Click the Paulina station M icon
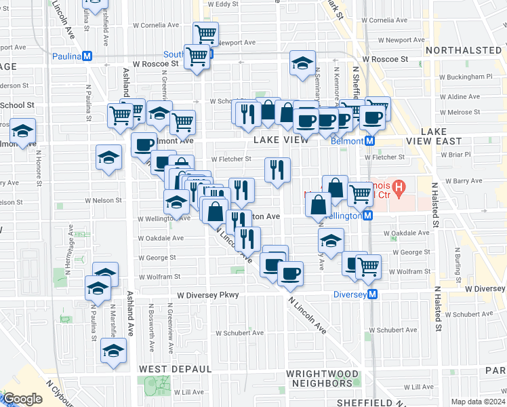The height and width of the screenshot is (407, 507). (87, 56)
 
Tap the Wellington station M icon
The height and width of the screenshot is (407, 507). (367, 216)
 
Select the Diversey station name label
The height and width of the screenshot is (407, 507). (350, 294)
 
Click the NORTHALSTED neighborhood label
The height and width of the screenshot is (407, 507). (464, 50)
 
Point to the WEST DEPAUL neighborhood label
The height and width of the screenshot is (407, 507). (176, 368)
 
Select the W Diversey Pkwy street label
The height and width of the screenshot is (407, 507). (209, 296)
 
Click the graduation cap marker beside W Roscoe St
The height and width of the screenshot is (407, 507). (302, 64)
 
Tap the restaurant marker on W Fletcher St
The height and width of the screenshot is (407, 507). (277, 170)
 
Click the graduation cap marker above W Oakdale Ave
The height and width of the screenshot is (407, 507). (331, 241)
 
